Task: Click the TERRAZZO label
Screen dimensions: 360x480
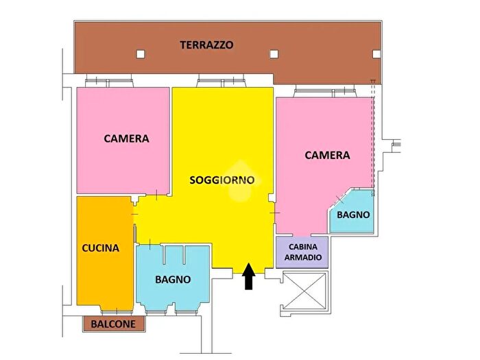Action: pos(206,45)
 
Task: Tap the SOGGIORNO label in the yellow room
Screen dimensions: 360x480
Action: pos(222,180)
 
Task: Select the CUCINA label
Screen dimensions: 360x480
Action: pos(101,248)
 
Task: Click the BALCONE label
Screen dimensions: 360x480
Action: pos(114,324)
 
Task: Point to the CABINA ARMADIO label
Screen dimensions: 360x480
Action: pos(302,252)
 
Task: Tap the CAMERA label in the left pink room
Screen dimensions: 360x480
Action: pos(126,139)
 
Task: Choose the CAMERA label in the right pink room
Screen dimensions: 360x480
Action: pos(327,156)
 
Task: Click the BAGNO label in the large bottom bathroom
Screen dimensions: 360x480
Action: pos(173,280)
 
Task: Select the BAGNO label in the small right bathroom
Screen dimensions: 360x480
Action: pos(354,215)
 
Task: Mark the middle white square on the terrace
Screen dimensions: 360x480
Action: pos(274,54)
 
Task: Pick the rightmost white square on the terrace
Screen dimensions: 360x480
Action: pos(374,53)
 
